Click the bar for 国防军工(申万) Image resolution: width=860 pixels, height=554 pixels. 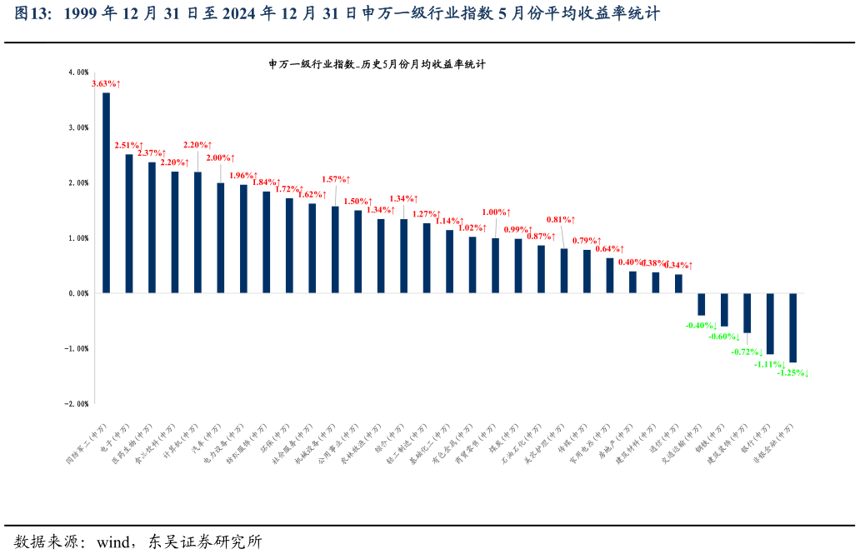(106, 192)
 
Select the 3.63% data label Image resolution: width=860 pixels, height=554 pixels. (106, 83)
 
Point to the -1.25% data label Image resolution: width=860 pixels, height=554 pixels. (792, 373)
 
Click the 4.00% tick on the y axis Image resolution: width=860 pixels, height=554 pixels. (78, 72)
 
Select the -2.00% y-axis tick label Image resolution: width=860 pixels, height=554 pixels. (77, 404)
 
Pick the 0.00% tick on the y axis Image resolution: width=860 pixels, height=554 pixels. (78, 293)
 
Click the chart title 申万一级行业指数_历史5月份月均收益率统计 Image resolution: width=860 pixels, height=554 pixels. (377, 64)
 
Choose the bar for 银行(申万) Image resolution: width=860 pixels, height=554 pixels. (770, 323)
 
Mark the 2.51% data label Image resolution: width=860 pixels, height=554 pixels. (128, 146)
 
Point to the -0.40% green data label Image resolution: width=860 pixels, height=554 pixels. (701, 326)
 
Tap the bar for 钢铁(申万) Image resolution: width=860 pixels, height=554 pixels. (724, 309)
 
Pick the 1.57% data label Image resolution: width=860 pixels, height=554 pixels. (336, 179)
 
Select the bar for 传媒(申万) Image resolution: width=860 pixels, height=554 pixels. (587, 271)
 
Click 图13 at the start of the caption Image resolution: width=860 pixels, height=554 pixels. (30, 14)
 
